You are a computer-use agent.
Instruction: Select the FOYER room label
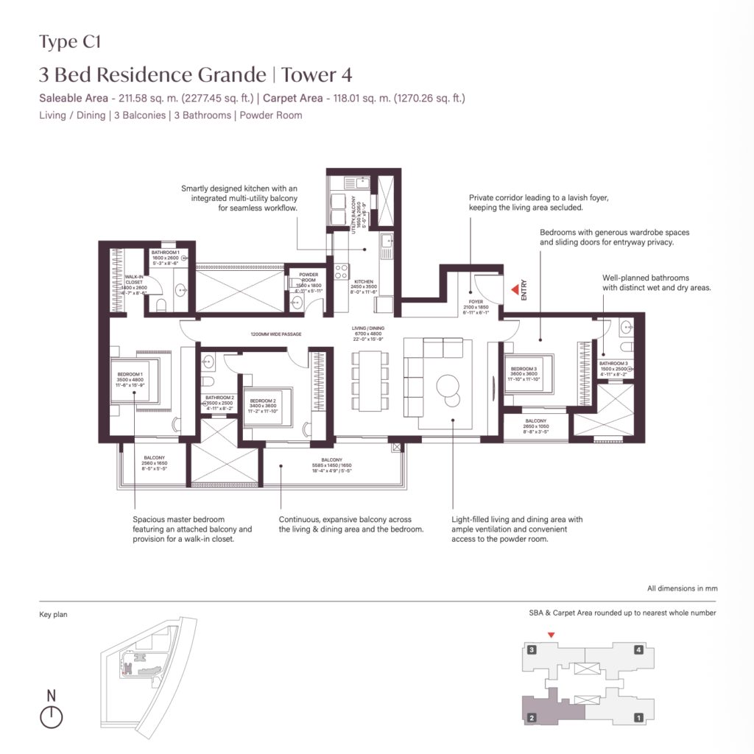(x=475, y=300)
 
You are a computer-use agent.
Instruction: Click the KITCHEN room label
(x=363, y=281)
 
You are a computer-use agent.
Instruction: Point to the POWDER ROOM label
(x=309, y=275)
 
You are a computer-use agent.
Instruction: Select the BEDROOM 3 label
(x=523, y=368)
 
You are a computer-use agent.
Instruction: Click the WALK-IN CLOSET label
(x=133, y=279)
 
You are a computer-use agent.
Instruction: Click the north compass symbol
(x=51, y=716)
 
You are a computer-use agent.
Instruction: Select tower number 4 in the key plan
(x=638, y=650)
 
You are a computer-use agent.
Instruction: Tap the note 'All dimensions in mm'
(x=682, y=588)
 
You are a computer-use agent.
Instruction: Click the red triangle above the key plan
(x=551, y=635)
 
